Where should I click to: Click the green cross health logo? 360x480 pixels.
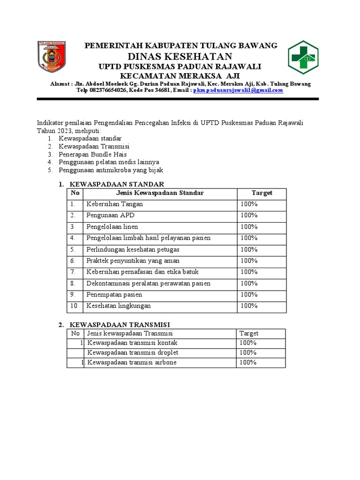(302, 57)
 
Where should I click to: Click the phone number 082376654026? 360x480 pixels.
(107, 90)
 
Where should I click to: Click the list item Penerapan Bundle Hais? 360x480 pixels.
(93, 154)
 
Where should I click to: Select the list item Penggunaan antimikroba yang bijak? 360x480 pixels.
(111, 170)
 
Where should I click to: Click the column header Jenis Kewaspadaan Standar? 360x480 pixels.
(159, 193)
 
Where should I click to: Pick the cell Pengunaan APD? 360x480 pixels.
(110, 216)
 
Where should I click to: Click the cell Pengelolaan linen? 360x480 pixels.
(112, 227)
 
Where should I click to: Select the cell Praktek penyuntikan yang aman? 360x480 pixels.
(133, 261)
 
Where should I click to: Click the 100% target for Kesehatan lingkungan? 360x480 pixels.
(249, 306)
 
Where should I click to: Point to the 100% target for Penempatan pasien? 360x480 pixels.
(249, 294)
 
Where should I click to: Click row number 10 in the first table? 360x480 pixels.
(74, 306)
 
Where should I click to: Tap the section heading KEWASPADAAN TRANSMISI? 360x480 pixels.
(120, 324)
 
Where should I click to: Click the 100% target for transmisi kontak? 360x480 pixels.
(248, 343)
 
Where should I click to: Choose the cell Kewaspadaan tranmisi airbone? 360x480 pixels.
(132, 363)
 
